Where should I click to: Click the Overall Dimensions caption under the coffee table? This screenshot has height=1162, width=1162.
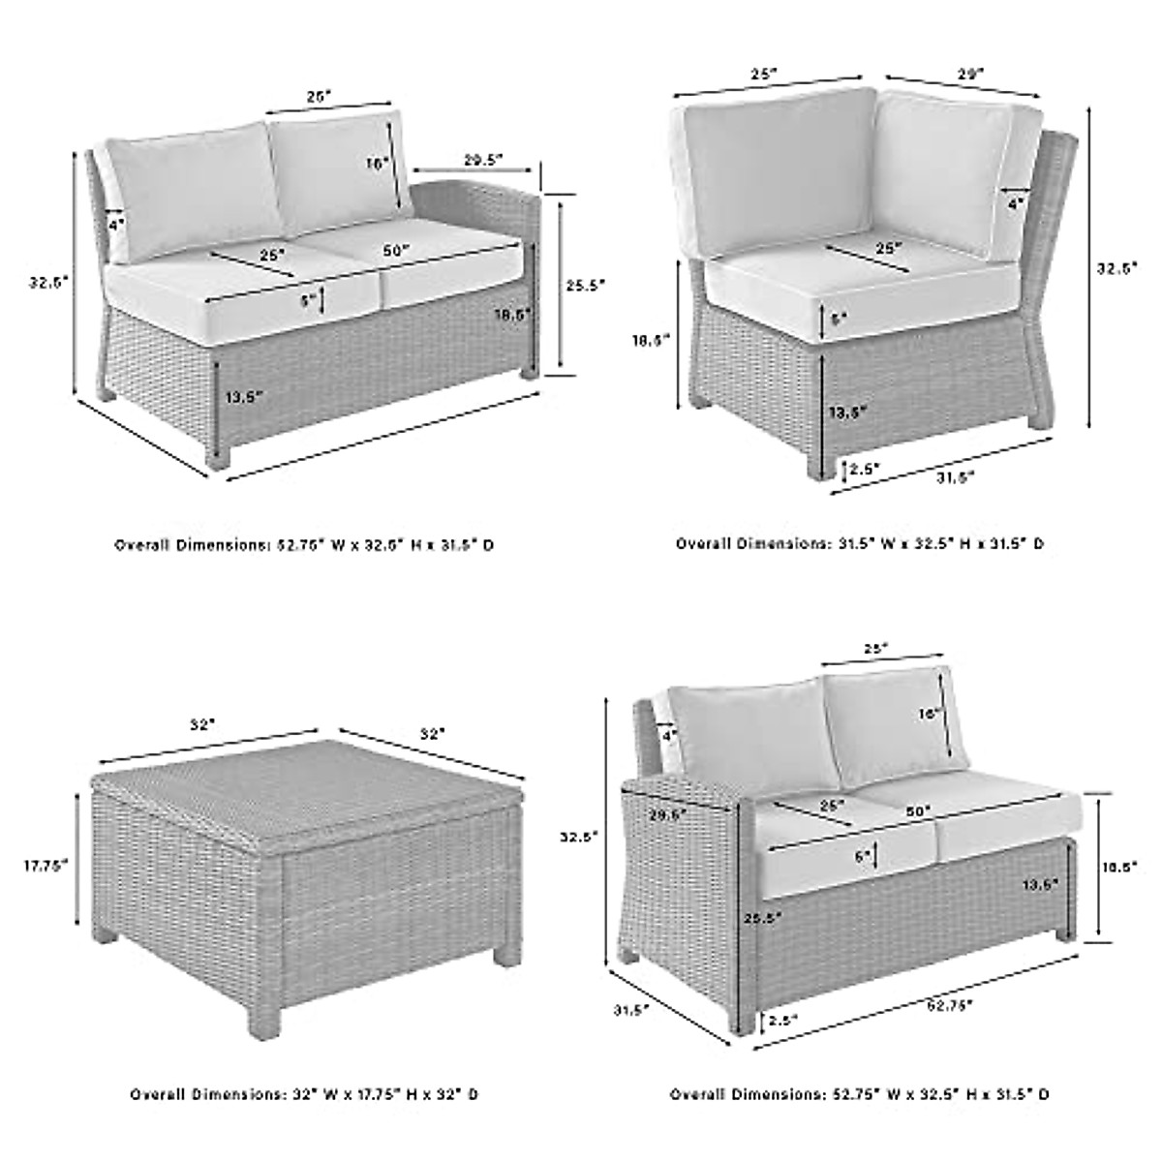pos(304,1094)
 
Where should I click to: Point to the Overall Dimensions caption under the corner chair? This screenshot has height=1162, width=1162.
pos(860,544)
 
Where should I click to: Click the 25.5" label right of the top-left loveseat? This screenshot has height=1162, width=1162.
pos(585,285)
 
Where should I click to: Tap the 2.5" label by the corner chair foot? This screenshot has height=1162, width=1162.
pos(864,469)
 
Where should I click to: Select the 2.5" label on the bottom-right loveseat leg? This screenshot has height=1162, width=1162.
pos(783,1021)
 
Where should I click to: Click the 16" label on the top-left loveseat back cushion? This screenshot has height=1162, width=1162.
pos(376,164)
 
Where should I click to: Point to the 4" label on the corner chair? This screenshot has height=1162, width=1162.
pos(1015,204)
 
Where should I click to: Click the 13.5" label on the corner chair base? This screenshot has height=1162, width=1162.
pos(847,412)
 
